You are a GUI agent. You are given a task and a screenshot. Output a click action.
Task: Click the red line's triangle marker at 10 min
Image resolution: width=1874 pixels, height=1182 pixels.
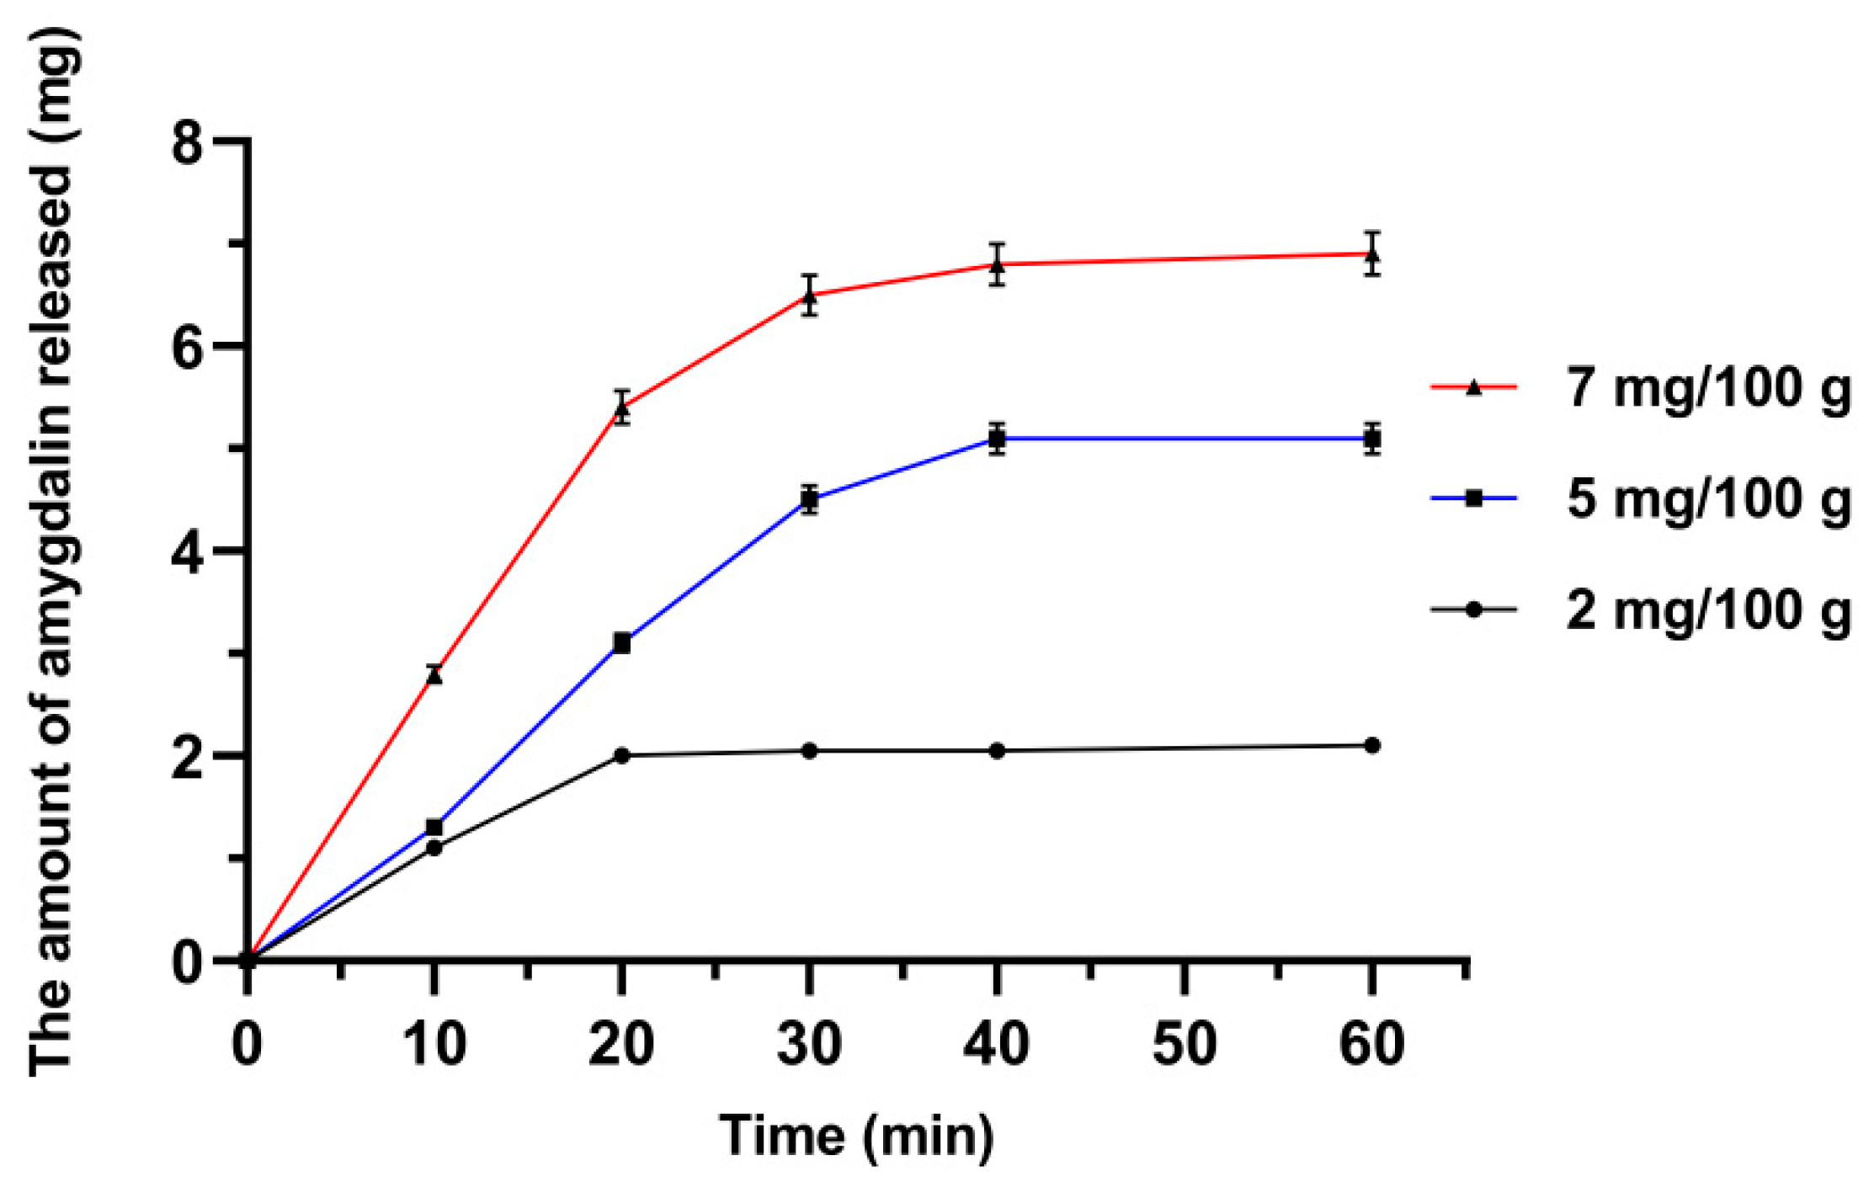click(x=434, y=674)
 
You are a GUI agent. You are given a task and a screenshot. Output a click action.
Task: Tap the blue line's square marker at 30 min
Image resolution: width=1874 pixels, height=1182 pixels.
click(x=809, y=500)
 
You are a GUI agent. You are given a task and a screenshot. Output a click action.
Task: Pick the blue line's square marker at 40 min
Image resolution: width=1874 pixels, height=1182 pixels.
click(x=997, y=439)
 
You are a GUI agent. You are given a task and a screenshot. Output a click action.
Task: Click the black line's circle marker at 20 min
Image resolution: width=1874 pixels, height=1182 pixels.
click(x=621, y=755)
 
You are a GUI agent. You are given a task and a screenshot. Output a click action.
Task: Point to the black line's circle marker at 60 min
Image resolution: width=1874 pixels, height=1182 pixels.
click(x=1372, y=745)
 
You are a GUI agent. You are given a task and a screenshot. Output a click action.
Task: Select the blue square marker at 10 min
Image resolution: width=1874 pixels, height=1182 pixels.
click(x=434, y=828)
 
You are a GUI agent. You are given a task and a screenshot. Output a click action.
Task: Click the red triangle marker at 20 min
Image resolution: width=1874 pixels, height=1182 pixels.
click(x=621, y=409)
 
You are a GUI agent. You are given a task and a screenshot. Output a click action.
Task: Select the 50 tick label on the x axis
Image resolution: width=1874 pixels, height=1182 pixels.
click(x=1184, y=1044)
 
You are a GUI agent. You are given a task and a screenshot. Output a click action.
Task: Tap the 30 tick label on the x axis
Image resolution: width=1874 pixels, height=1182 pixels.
click(x=809, y=1044)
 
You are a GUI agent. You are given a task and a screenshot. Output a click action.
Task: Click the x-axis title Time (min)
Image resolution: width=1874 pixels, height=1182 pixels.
click(x=856, y=1136)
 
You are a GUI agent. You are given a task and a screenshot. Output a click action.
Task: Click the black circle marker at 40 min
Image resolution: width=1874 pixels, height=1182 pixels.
click(x=997, y=750)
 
